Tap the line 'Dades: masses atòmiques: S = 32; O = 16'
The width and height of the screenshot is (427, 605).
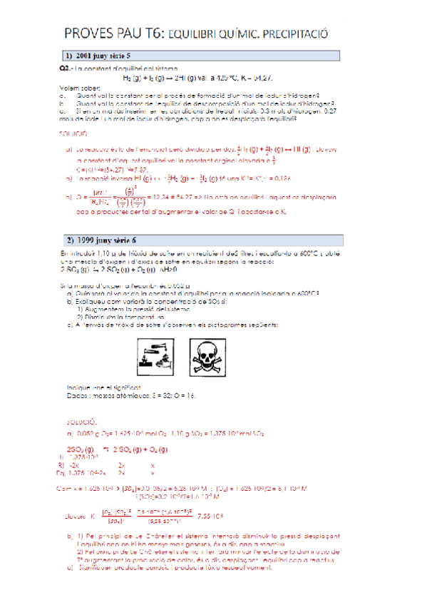coord(130,395)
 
